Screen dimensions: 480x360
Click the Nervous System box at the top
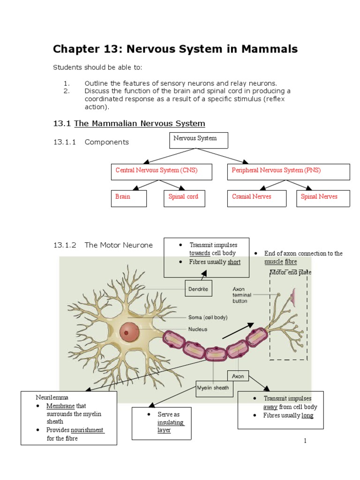[x=199, y=140]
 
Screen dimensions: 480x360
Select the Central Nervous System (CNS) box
[x=161, y=171]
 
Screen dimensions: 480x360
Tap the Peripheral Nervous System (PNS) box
[x=288, y=171]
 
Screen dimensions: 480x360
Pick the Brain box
[x=128, y=198]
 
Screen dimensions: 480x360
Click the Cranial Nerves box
[x=256, y=198]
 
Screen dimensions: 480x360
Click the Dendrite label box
[x=199, y=289]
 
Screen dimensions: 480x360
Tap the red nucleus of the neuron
[x=129, y=332]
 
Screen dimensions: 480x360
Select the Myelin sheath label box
[x=213, y=388]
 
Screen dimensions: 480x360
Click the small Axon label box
[x=238, y=376]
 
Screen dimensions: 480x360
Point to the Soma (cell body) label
[x=208, y=317]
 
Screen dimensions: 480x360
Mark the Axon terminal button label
[x=242, y=295]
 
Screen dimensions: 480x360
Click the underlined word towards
[x=200, y=253]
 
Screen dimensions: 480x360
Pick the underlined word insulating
[x=171, y=422]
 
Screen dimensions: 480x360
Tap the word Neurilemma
[x=52, y=397]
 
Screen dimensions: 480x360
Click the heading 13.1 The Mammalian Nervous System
[x=129, y=124]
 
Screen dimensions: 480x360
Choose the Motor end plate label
[x=290, y=272]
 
